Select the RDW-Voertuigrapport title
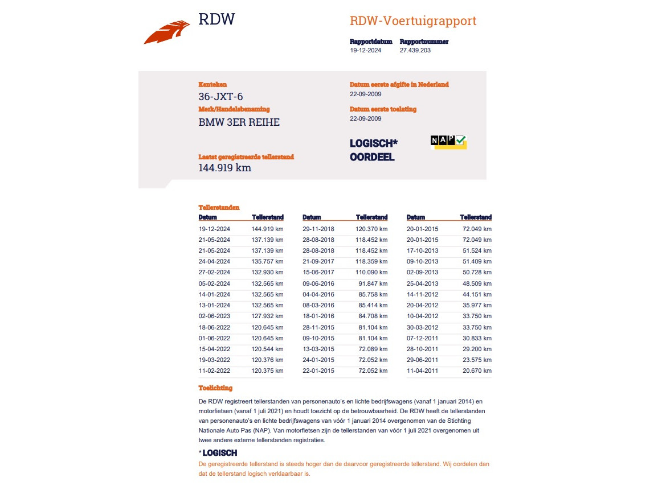click(x=413, y=22)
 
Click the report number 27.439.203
click(x=415, y=50)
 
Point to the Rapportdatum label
click(x=371, y=42)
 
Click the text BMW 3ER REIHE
click(x=239, y=122)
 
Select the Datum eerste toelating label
click(x=383, y=109)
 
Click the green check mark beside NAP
click(x=461, y=140)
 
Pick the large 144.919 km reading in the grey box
click(x=225, y=168)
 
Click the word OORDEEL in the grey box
click(x=372, y=157)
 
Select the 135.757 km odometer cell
click(x=267, y=262)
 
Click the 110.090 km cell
click(x=371, y=273)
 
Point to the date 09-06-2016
click(x=318, y=283)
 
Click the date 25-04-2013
click(x=423, y=283)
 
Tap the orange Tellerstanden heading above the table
click(x=219, y=208)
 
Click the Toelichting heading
click(x=215, y=388)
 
